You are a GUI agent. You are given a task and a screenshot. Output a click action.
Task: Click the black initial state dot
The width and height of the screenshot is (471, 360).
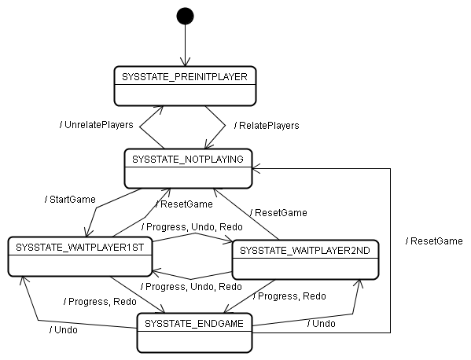(x=185, y=16)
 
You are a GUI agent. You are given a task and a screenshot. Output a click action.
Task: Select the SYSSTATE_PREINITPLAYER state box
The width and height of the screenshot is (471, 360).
(x=185, y=86)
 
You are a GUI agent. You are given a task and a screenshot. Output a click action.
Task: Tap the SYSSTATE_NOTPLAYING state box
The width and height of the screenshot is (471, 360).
(x=188, y=168)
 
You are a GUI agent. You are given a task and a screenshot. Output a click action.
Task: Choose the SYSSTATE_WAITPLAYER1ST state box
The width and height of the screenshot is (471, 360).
(x=80, y=256)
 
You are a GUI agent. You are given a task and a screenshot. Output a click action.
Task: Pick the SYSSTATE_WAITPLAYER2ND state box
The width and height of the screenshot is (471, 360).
(x=306, y=259)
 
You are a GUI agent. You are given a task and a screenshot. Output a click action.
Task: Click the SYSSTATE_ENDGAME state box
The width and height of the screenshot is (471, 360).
(x=194, y=332)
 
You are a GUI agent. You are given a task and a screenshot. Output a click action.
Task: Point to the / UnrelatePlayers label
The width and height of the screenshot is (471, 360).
(x=97, y=125)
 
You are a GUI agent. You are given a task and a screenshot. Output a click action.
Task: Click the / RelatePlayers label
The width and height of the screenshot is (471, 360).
(x=267, y=126)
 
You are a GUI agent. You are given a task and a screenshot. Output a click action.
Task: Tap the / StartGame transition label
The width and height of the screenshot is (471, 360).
(x=70, y=200)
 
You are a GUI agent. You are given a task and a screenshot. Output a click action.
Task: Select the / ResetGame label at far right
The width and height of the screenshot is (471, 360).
(x=434, y=241)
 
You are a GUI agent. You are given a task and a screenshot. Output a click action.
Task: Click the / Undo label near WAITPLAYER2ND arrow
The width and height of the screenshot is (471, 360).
(x=322, y=324)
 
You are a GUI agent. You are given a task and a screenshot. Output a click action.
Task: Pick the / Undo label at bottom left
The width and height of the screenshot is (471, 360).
(x=64, y=330)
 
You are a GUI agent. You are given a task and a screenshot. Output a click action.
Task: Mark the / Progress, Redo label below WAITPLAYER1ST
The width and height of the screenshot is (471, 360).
(x=101, y=302)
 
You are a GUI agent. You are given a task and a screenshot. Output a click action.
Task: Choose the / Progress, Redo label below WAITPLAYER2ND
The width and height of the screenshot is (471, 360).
(x=289, y=296)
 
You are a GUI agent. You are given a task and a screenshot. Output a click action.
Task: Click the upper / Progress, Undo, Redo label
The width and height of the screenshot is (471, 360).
(x=192, y=227)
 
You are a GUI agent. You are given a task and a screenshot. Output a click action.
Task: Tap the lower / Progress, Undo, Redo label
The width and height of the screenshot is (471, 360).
(x=191, y=287)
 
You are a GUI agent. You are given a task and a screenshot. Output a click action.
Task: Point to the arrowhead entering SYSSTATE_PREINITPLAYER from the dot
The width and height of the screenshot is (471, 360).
(x=185, y=62)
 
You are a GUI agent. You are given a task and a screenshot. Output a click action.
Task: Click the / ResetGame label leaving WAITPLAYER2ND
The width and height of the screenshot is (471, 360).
(x=279, y=213)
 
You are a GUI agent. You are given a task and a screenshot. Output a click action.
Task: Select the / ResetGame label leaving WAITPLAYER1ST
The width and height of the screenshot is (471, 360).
(x=185, y=204)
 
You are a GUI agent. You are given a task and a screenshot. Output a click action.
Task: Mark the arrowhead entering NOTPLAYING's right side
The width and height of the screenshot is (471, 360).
(x=256, y=169)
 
